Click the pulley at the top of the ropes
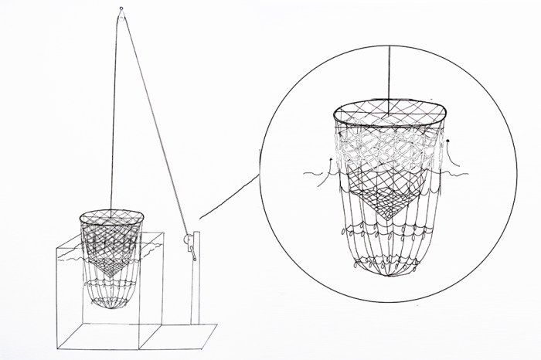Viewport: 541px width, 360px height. coord(121,10)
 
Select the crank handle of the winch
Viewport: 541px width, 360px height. coord(194,251)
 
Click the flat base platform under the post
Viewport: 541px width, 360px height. coord(185,333)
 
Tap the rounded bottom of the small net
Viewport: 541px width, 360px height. coord(113,306)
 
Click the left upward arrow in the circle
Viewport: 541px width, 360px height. coord(329,161)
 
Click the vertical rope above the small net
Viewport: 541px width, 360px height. coord(117,116)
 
